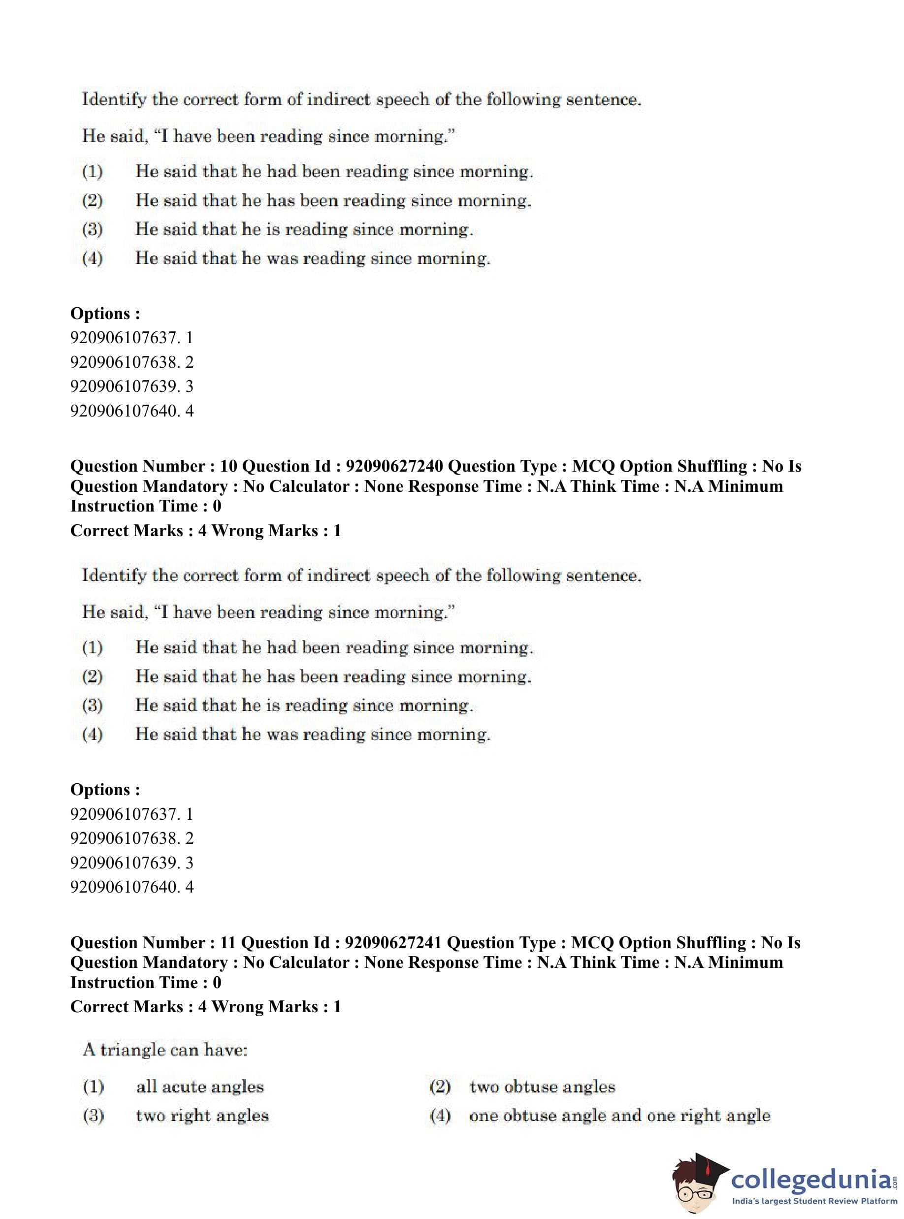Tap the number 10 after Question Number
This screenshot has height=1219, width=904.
[228, 466]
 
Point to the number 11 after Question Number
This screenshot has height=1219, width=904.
[227, 943]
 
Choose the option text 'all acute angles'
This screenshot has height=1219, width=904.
[200, 1087]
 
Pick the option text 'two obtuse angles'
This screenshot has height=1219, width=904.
[542, 1087]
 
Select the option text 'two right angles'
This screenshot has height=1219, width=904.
[202, 1116]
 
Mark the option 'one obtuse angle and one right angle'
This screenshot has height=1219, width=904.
[619, 1116]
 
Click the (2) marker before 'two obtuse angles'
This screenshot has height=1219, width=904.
[440, 1087]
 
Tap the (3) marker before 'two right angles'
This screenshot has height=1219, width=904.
[93, 1116]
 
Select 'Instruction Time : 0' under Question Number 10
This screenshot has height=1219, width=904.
[146, 506]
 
